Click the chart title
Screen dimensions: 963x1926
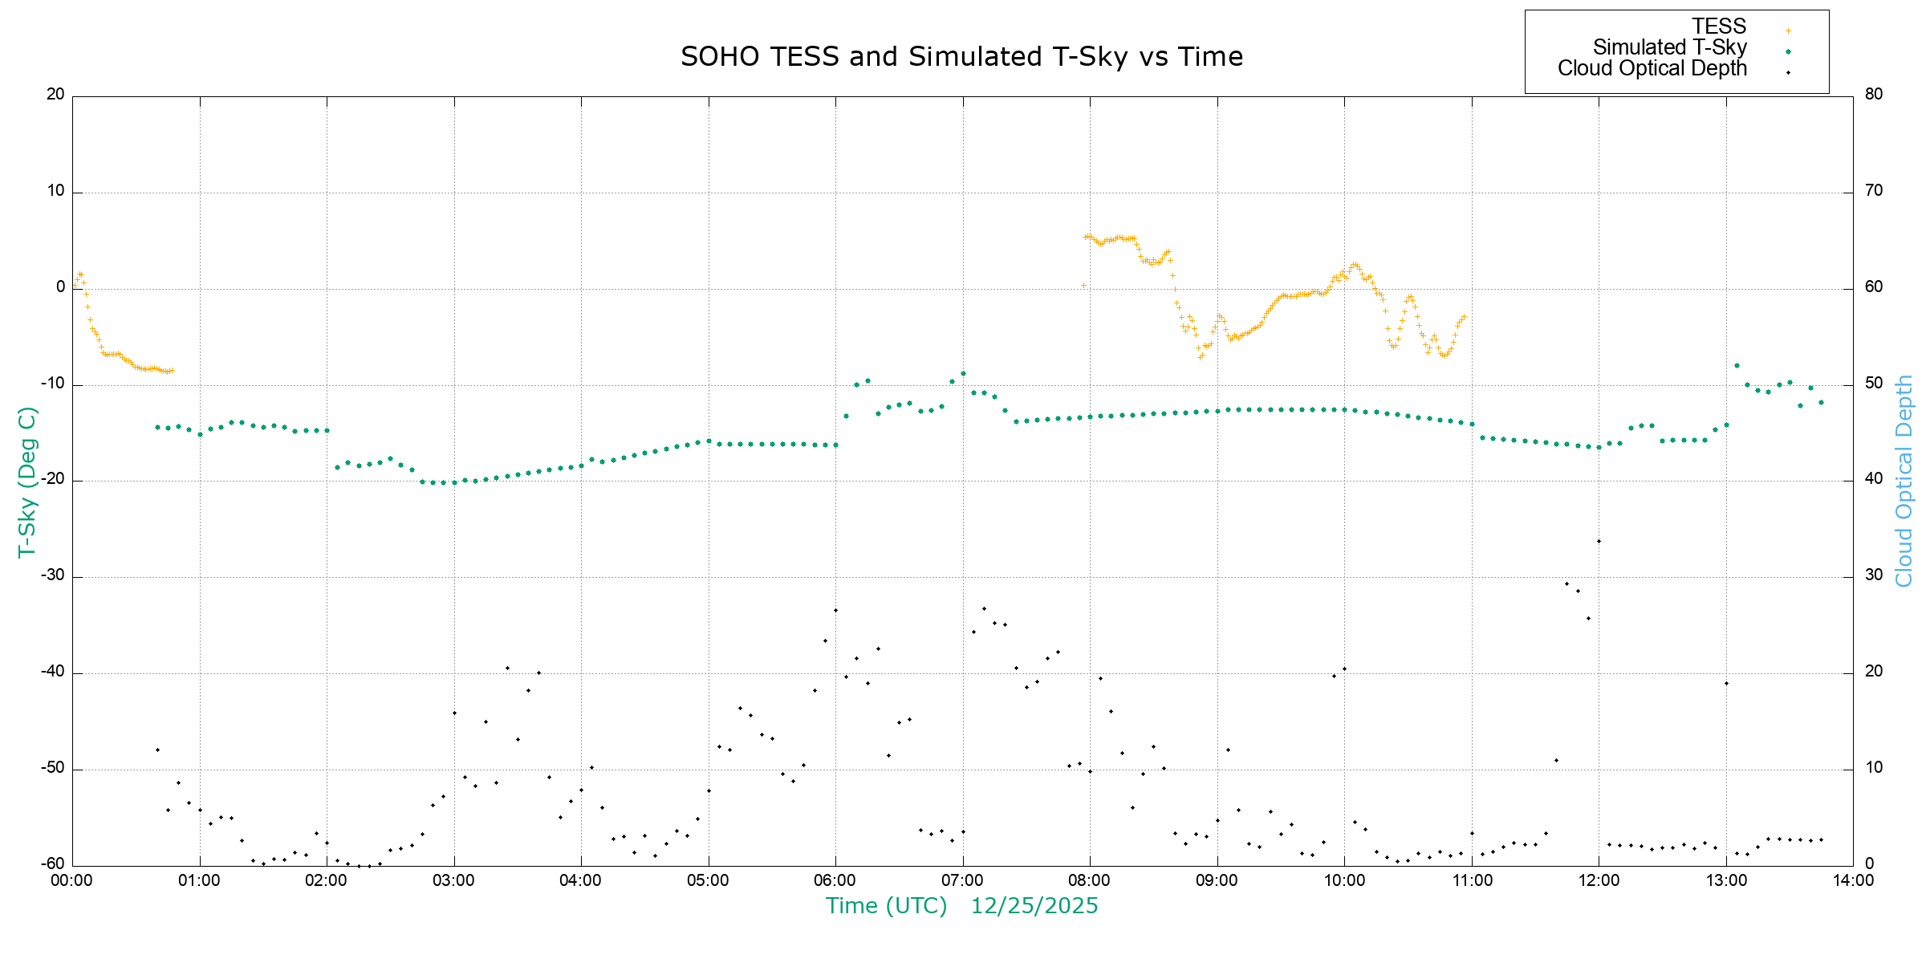tap(961, 57)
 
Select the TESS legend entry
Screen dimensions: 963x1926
tap(1719, 26)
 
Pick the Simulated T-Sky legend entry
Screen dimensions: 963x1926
tap(1669, 48)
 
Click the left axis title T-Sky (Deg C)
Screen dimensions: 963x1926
tap(26, 481)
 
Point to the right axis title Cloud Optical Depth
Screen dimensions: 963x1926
tap(1904, 481)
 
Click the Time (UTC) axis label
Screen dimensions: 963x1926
tap(886, 906)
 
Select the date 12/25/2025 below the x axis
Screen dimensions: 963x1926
tap(1034, 906)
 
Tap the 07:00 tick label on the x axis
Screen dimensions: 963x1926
tap(962, 880)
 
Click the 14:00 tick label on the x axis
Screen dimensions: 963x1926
tap(1853, 880)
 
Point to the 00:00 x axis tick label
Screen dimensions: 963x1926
tap(72, 880)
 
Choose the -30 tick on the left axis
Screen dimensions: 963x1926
tap(53, 575)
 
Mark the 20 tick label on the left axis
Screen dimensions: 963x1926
tap(55, 94)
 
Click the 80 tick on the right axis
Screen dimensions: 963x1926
tap(1873, 94)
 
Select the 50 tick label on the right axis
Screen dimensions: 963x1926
tap(1873, 383)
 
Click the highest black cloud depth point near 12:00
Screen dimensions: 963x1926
tap(1599, 541)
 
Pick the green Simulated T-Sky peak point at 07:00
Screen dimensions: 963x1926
tap(963, 373)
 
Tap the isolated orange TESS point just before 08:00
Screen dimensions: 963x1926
tap(1083, 285)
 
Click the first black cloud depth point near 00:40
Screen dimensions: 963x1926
tap(157, 750)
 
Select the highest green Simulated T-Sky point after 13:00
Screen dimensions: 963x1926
tap(1737, 365)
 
